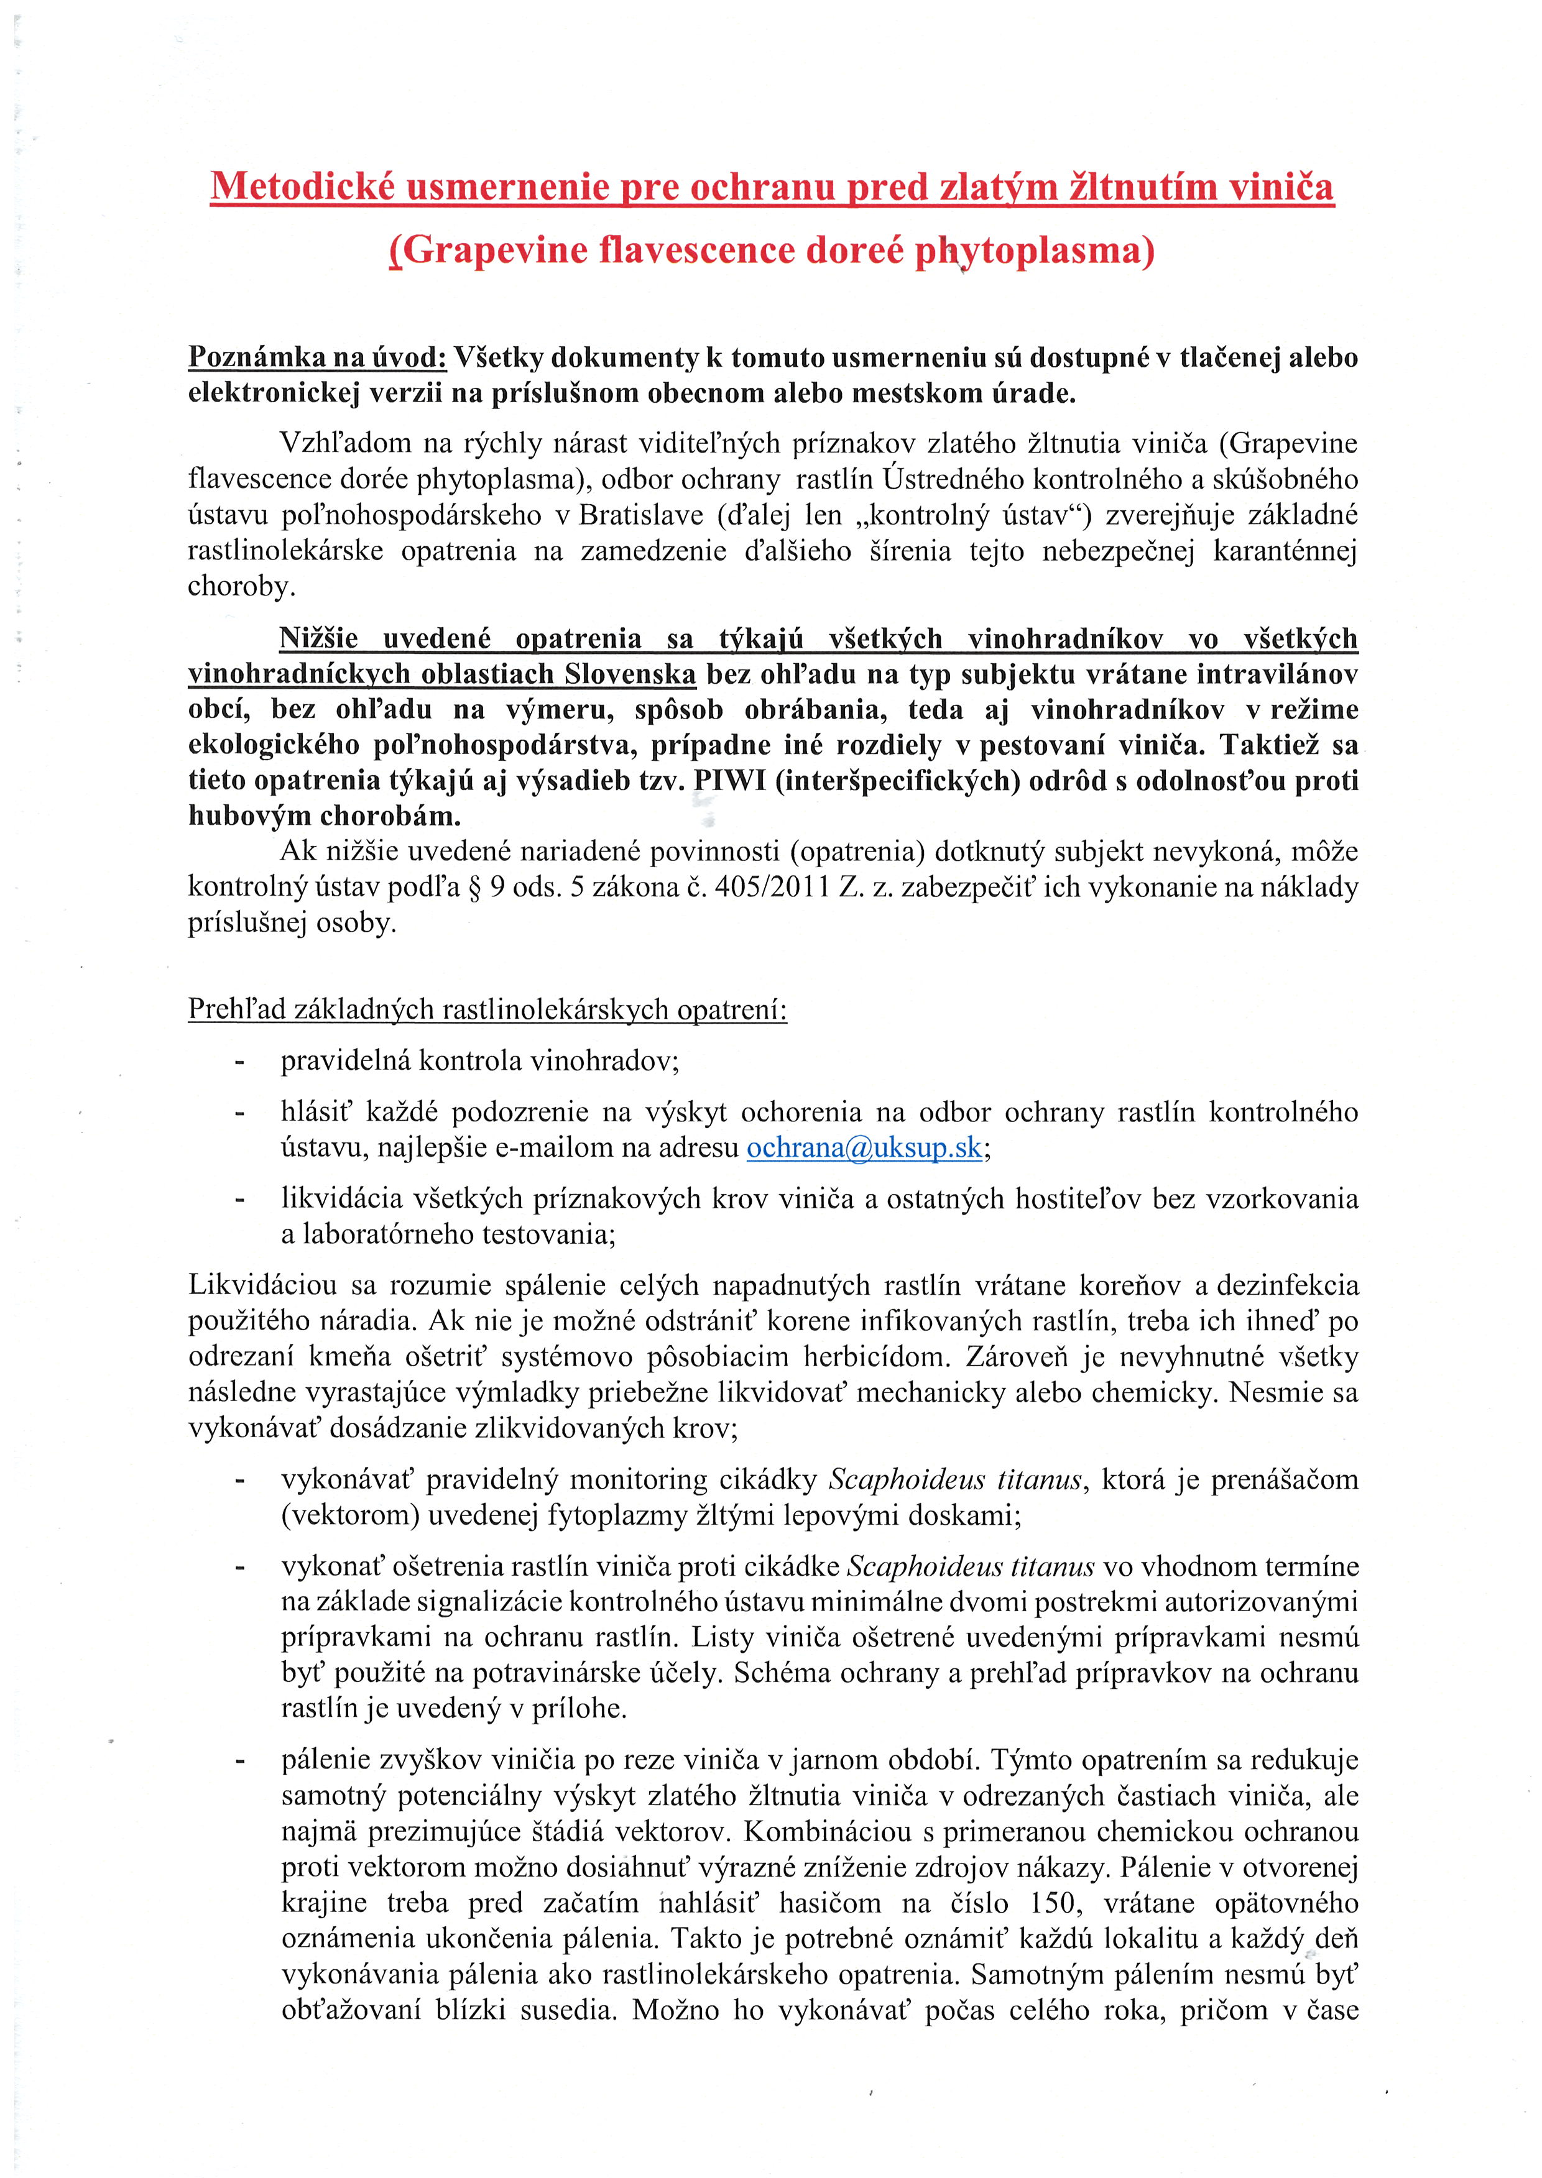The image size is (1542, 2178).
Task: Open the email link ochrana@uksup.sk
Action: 864,1147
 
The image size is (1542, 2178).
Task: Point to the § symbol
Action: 471,888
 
